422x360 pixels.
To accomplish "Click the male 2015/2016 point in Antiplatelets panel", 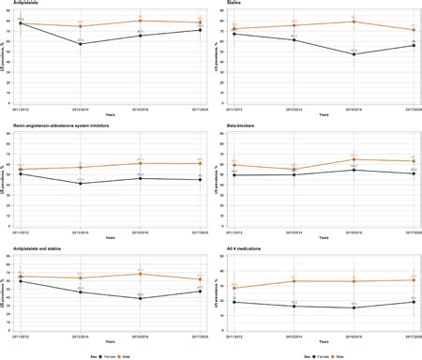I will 140,20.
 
